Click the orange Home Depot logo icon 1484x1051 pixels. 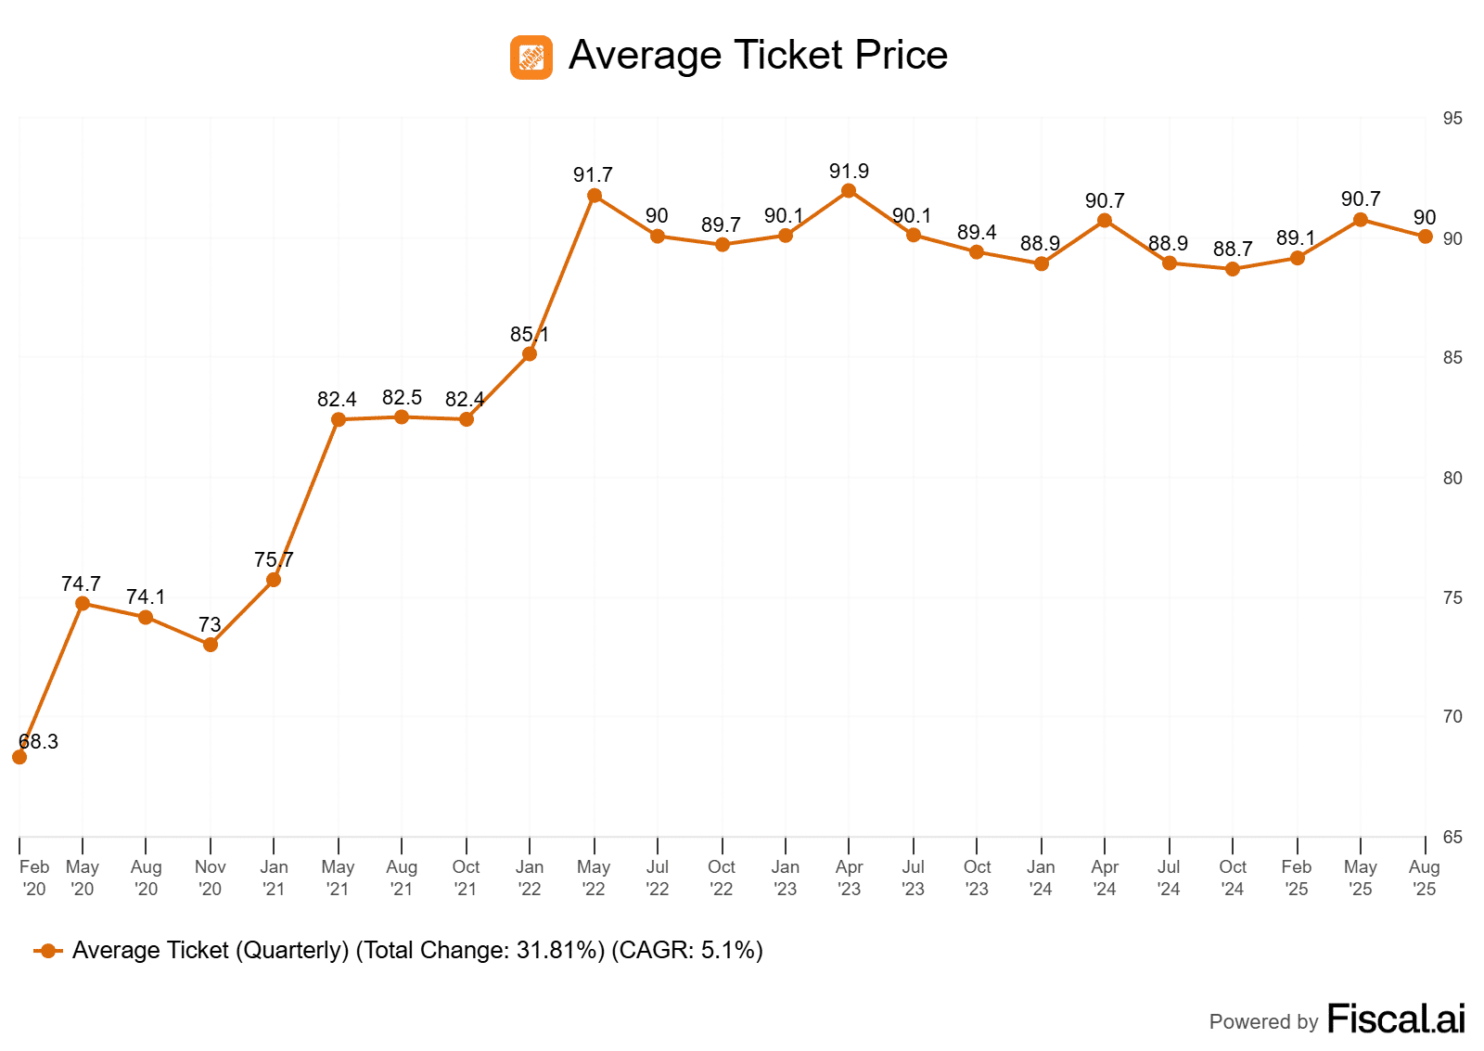(x=531, y=58)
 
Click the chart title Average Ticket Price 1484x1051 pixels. (x=758, y=56)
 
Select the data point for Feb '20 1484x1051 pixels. (x=19, y=757)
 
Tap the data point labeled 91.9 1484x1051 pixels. (x=849, y=191)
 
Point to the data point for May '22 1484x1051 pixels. (x=595, y=196)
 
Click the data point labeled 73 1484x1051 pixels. (x=211, y=645)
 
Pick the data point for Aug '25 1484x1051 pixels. (x=1426, y=237)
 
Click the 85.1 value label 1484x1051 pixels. (x=529, y=334)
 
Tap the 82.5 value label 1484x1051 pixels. (x=402, y=397)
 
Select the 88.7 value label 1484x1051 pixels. (x=1233, y=249)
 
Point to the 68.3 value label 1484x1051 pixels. (x=38, y=741)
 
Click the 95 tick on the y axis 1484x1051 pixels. (x=1452, y=119)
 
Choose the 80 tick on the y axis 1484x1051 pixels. (x=1452, y=478)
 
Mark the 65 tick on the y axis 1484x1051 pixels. (x=1452, y=837)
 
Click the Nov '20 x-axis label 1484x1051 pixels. (x=211, y=878)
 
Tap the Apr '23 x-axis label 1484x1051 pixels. (x=849, y=878)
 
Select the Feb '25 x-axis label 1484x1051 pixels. (x=1297, y=878)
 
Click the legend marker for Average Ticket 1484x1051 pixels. (x=48, y=951)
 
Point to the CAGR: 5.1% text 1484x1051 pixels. (x=687, y=950)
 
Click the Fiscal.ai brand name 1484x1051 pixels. (x=1396, y=1019)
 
